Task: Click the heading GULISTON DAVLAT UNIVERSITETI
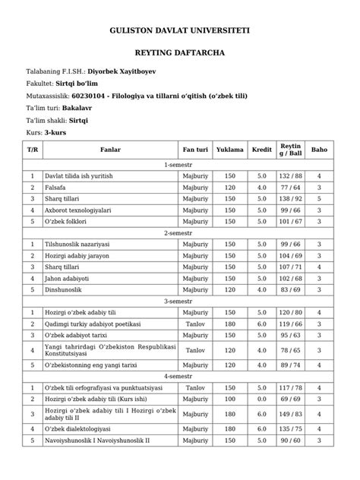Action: click(x=180, y=30)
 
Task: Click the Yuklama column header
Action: click(x=230, y=150)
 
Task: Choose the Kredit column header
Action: click(x=261, y=150)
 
